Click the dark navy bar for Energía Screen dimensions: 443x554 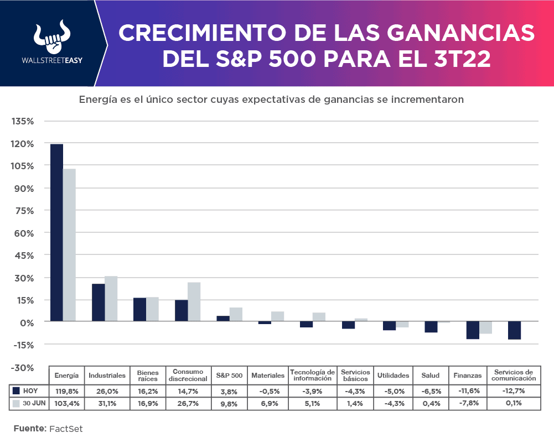point(56,232)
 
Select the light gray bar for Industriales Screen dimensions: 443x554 point(111,299)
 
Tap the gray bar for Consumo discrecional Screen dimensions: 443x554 point(194,302)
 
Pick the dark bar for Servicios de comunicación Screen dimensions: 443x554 point(514,330)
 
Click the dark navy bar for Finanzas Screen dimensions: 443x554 point(473,330)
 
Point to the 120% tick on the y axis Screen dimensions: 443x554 point(23,144)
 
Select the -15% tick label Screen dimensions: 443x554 point(23,345)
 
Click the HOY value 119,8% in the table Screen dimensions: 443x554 point(66,390)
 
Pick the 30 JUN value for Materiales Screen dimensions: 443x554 point(268,403)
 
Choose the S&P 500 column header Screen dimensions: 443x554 point(229,376)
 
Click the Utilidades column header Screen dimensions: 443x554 point(393,376)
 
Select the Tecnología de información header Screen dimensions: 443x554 point(313,375)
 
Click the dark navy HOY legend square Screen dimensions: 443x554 point(16,390)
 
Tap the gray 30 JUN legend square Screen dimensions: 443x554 point(16,403)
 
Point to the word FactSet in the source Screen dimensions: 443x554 point(66,429)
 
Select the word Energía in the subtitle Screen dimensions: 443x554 point(97,100)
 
